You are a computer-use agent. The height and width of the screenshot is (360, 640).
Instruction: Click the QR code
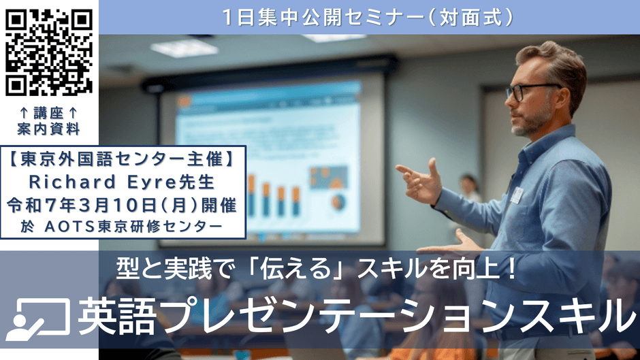(x=49, y=52)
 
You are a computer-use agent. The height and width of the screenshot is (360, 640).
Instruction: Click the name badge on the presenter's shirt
(x=516, y=195)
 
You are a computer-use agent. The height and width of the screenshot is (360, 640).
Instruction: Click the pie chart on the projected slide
(x=338, y=201)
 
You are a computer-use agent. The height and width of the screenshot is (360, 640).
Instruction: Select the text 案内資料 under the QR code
(x=48, y=129)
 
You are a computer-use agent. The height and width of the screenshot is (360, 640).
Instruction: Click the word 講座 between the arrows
(x=48, y=113)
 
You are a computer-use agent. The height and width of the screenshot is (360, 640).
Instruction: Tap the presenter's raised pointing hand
(x=419, y=180)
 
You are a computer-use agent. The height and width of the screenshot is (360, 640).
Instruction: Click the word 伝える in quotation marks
(x=295, y=269)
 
